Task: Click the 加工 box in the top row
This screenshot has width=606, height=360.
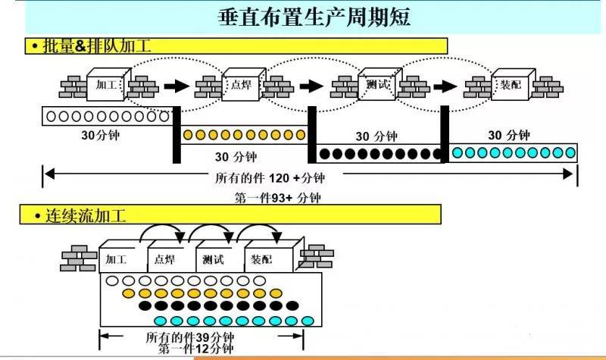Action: [x=105, y=85]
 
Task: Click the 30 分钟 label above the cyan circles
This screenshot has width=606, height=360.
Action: [x=508, y=136]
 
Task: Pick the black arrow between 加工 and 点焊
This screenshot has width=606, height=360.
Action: [x=175, y=86]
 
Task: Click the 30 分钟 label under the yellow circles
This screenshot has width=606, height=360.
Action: [x=236, y=157]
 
